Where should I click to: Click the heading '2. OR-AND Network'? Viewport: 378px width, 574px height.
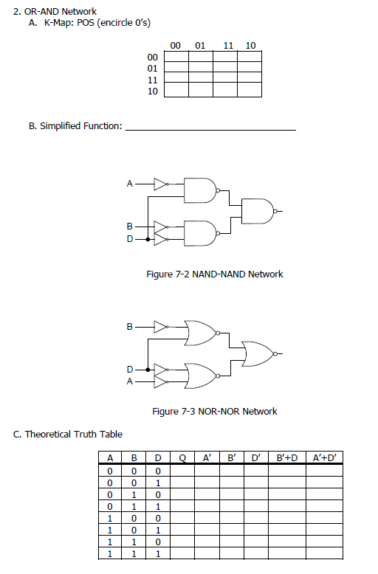[55, 12]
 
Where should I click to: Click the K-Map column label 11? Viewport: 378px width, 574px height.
[229, 46]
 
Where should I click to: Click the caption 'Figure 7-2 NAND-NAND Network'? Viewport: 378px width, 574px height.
[215, 274]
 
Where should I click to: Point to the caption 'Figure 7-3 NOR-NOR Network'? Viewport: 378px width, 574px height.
[214, 411]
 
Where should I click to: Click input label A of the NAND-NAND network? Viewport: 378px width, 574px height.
[130, 184]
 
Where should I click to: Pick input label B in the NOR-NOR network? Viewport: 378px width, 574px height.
[130, 325]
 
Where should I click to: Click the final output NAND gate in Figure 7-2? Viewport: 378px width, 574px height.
[258, 210]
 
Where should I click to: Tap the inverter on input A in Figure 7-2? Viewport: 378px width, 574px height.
[161, 184]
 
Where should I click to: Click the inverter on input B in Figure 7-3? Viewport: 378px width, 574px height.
[161, 325]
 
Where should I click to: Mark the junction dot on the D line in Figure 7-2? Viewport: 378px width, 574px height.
[148, 239]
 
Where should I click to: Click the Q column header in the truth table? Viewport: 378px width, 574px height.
[183, 458]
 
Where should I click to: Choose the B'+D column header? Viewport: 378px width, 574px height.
[286, 458]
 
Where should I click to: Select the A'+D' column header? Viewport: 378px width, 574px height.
[323, 458]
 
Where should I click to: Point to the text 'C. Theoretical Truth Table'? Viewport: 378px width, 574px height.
[68, 434]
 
